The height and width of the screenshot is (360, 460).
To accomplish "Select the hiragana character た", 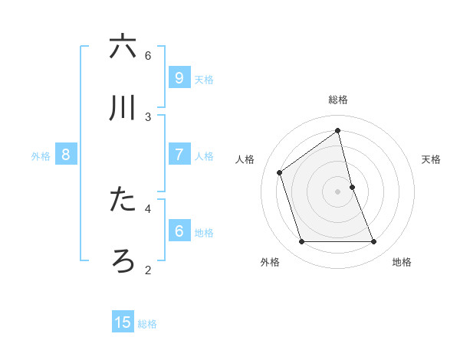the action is click(x=123, y=199).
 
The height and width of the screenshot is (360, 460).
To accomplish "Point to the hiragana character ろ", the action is click(x=123, y=260).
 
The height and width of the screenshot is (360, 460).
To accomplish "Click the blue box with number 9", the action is click(x=179, y=77).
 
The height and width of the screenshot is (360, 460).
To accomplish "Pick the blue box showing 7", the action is click(x=179, y=155).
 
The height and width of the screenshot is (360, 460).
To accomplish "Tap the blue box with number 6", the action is click(x=179, y=231).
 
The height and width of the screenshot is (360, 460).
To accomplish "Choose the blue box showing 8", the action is click(x=65, y=155).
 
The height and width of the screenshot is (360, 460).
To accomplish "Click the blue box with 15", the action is click(x=123, y=322).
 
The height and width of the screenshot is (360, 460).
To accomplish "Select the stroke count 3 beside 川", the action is click(x=148, y=116).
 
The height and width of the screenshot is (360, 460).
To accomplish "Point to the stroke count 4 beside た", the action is click(x=148, y=208).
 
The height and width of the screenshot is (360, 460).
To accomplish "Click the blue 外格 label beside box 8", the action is click(x=41, y=155).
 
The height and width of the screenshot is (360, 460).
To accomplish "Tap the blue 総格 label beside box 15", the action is click(x=147, y=323).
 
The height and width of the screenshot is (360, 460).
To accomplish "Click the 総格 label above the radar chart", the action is click(x=338, y=100).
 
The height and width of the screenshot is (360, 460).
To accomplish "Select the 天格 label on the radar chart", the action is click(x=431, y=159).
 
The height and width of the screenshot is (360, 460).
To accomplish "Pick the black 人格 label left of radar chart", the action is click(x=245, y=159).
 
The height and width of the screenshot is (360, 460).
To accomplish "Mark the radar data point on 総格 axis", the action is click(x=338, y=130).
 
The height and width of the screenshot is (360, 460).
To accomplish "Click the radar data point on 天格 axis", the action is click(x=352, y=186).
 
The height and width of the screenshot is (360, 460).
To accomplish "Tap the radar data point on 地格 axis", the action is click(x=373, y=241).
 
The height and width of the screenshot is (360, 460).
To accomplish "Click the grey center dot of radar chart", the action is click(x=338, y=191).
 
